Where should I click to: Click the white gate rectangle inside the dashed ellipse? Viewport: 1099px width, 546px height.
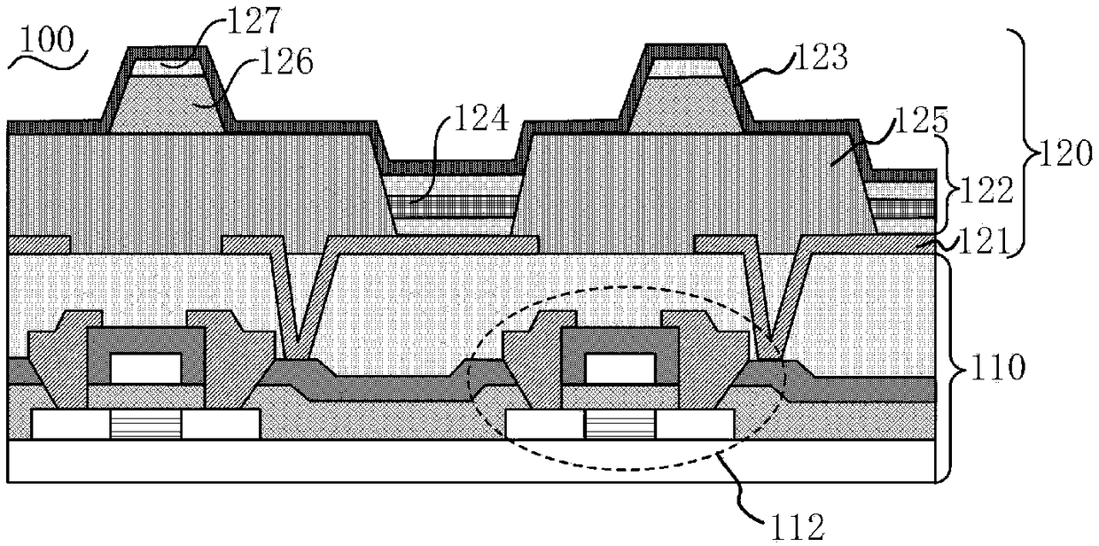click(x=620, y=364)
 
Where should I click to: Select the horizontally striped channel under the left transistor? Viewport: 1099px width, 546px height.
click(x=145, y=425)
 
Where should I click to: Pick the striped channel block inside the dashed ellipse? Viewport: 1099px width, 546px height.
click(x=620, y=425)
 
